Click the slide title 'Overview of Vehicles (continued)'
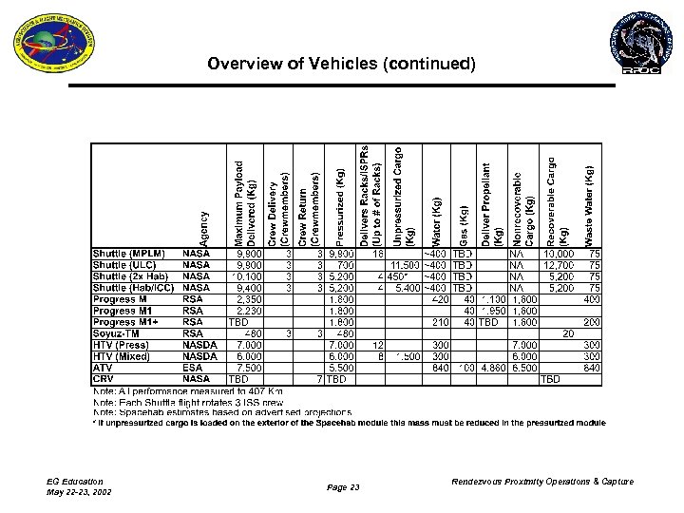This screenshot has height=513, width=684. coord(341,65)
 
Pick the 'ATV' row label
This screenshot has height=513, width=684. coord(103,367)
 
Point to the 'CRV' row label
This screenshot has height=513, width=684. coord(104,378)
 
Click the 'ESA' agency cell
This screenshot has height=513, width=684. coord(193,367)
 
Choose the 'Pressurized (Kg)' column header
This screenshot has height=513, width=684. coord(340,206)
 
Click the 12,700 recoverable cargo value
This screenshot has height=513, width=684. coord(557,265)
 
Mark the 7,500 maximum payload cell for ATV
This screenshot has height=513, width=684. coord(250,367)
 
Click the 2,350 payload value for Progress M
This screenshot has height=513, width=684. coord(250,298)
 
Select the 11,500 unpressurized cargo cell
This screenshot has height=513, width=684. coord(403,265)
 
